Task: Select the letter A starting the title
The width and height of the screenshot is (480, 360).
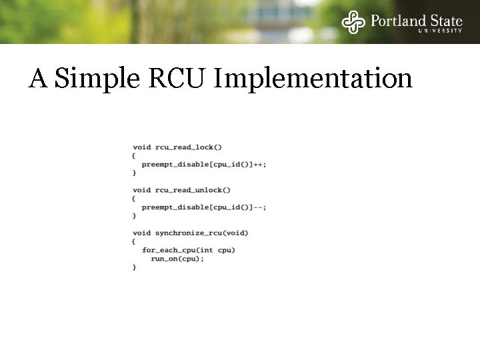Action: (x=38, y=79)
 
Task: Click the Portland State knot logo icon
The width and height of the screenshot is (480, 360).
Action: (x=354, y=22)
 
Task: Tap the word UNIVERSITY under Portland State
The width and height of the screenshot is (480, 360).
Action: (x=440, y=31)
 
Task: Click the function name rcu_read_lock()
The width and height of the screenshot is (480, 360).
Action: (x=189, y=147)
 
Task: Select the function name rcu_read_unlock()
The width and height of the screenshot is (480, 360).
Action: (x=193, y=190)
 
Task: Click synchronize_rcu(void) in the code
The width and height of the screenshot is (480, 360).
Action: (x=201, y=233)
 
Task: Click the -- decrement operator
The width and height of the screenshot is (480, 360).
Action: (x=258, y=207)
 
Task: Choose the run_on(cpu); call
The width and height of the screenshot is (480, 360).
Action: (x=177, y=259)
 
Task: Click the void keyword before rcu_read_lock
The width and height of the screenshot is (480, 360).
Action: (x=141, y=147)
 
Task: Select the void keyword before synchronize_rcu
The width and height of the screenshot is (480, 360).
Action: (x=141, y=233)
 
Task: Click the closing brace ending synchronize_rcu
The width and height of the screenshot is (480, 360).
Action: (x=134, y=267)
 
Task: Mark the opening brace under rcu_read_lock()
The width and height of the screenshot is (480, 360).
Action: (x=134, y=155)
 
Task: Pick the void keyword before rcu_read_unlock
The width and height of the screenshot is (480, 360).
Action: (x=141, y=190)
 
